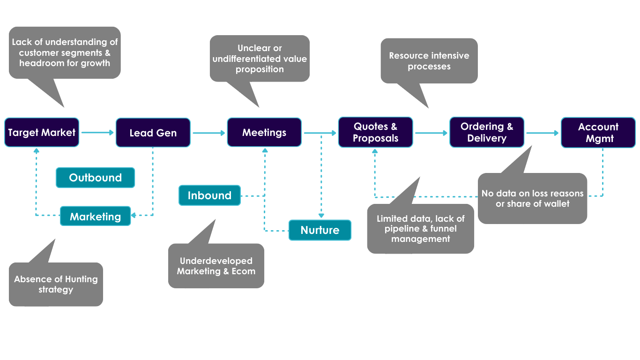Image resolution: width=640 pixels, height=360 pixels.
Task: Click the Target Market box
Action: point(42,133)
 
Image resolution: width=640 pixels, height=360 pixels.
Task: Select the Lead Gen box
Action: point(153,133)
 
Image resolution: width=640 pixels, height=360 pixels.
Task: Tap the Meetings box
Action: point(264,133)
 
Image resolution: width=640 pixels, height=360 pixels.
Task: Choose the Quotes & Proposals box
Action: point(375,133)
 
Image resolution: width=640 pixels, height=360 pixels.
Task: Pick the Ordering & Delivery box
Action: point(487,133)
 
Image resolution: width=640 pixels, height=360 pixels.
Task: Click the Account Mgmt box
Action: point(598,133)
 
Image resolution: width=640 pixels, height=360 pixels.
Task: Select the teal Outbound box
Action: point(96,178)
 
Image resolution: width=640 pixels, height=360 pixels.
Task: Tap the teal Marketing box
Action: point(96,217)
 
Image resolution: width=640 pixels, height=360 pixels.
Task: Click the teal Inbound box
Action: point(209,195)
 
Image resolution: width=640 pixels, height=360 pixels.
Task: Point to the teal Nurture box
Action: point(320,230)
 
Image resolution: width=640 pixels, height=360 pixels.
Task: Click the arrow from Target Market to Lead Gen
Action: point(97,133)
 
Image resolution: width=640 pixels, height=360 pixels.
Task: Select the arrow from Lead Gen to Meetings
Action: point(209,133)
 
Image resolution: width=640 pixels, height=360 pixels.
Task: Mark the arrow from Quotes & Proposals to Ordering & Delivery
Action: point(431,133)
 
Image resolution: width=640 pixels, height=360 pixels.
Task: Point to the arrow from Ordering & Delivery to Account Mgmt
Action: point(543,133)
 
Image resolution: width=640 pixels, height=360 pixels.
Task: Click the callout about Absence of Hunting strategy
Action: point(56,284)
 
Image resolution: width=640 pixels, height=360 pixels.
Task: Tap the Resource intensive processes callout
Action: point(429,61)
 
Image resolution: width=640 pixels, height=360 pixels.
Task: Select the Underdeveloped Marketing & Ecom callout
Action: point(216,266)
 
